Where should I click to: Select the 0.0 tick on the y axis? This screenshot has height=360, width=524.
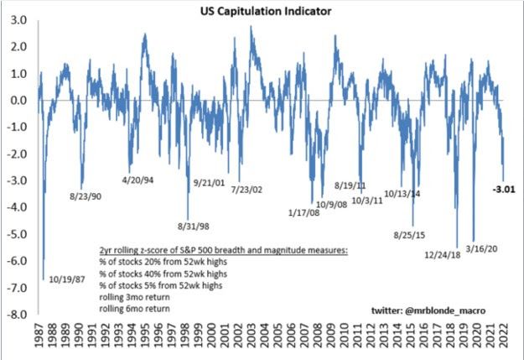tap(16, 100)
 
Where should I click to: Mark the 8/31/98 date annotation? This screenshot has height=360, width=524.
tap(195, 224)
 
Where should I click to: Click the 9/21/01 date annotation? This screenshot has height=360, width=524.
tap(212, 183)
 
